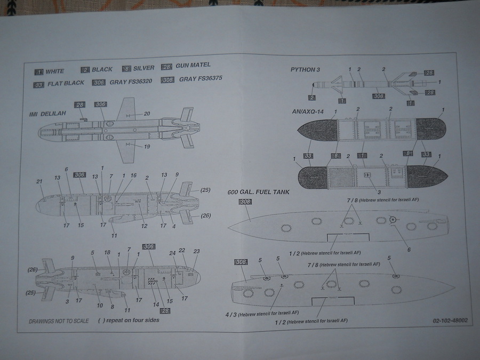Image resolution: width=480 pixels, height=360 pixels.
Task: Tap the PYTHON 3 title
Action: tap(306, 70)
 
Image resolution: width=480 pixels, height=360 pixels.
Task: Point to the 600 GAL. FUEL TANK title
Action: tap(258, 192)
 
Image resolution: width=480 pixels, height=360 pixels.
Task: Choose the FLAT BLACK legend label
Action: tap(67, 84)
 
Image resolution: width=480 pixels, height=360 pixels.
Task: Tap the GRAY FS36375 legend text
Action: tap(201, 79)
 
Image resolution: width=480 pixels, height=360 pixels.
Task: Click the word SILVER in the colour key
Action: tap(144, 68)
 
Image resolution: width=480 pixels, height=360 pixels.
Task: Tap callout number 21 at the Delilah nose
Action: tap(39, 182)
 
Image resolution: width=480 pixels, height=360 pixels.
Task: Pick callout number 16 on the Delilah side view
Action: tap(133, 175)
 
